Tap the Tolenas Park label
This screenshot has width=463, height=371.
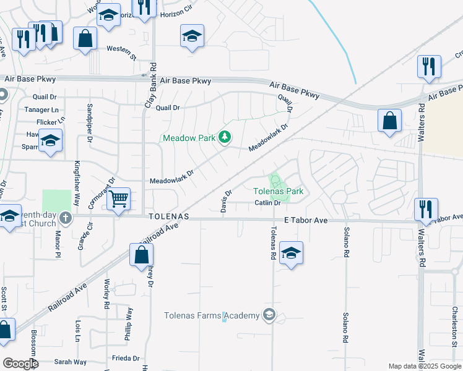279,192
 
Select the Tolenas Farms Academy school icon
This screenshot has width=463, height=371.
269,315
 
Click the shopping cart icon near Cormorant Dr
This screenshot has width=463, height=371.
118,199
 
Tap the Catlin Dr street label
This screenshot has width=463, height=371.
268,203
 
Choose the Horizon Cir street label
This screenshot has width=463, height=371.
177,14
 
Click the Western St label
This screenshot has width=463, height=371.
121,49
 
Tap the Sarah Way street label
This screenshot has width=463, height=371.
71,362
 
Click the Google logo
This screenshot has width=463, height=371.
20,364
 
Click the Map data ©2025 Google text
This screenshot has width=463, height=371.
424,366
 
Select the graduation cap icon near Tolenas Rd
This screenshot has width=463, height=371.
291,253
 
